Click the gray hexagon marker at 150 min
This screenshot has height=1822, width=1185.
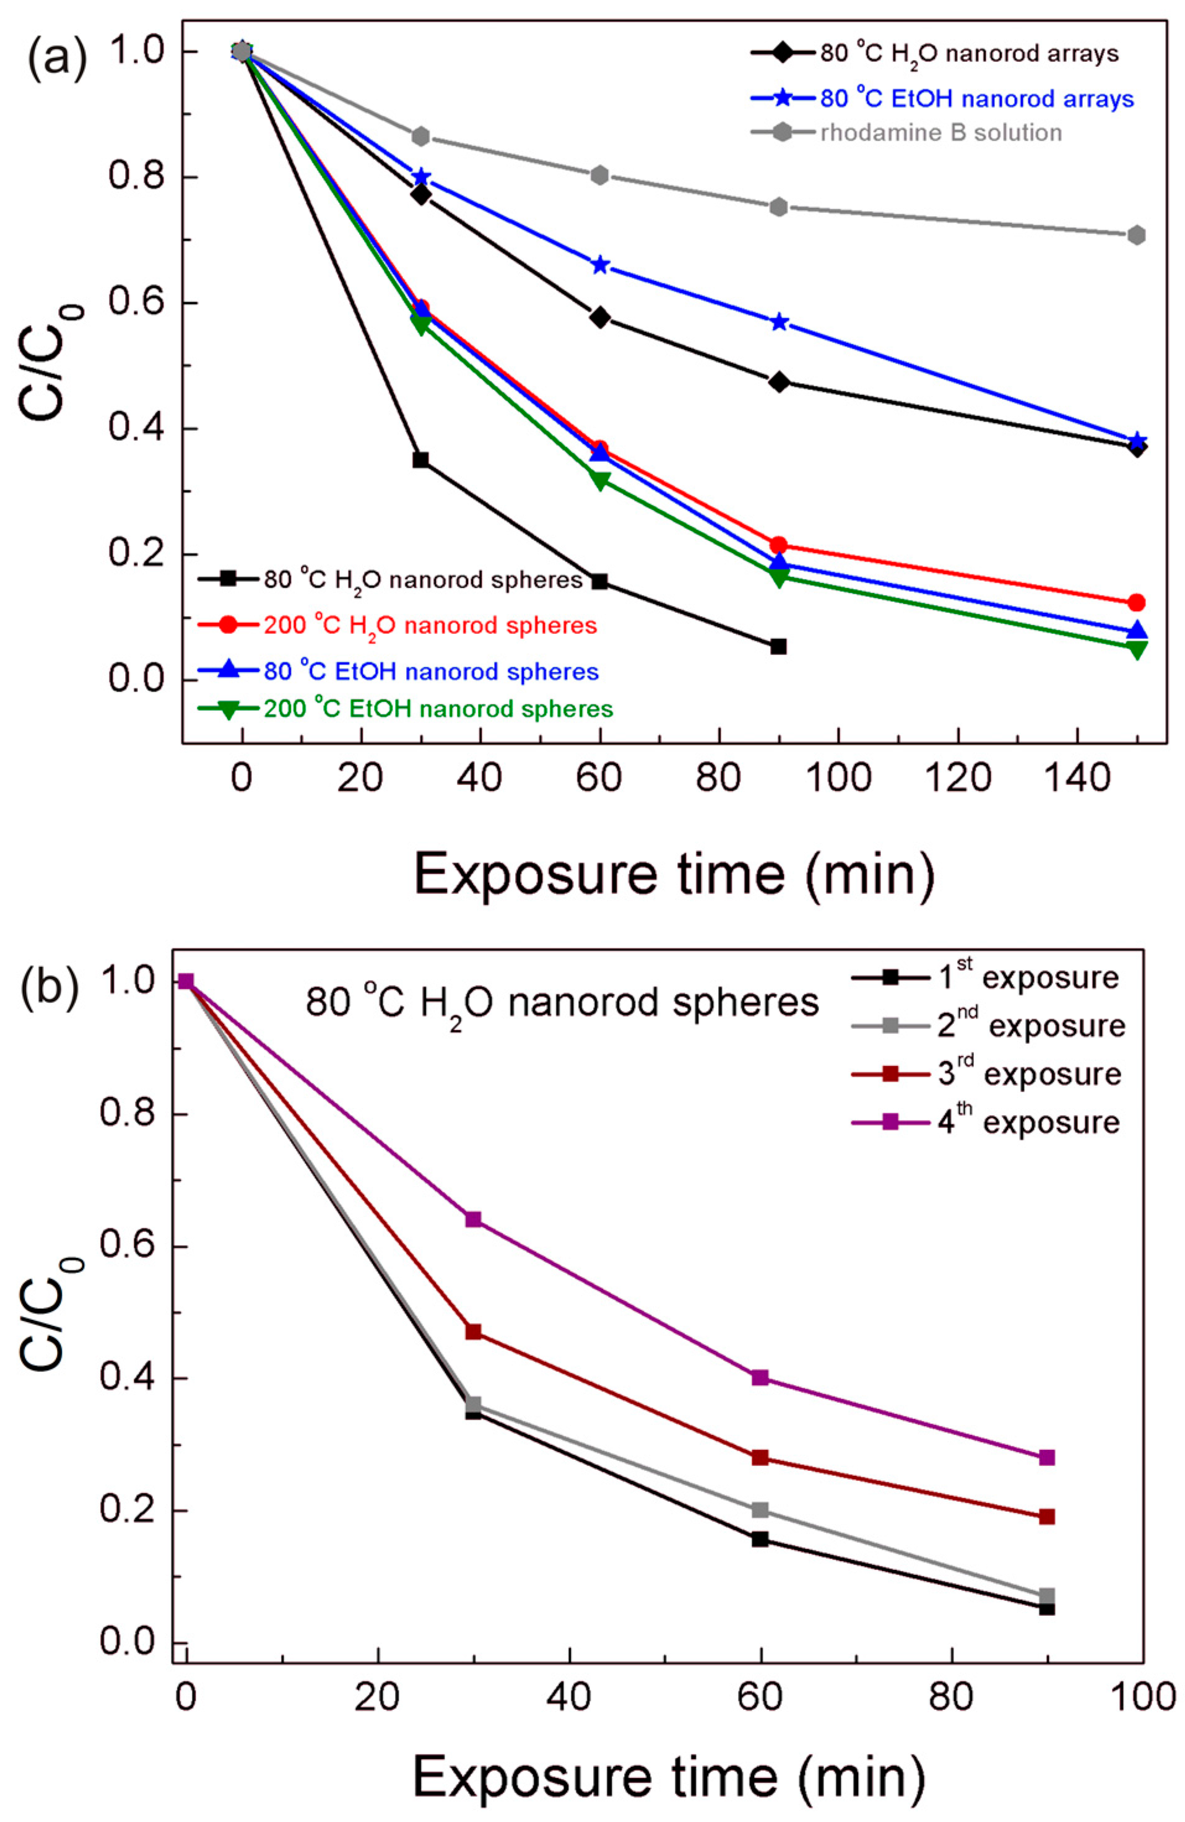pos(1137,235)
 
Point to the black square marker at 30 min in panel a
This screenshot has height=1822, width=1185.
pos(420,460)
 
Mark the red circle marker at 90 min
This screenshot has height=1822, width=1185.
pos(778,545)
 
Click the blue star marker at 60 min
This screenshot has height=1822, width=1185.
pos(600,265)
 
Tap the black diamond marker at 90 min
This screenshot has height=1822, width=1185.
pos(778,382)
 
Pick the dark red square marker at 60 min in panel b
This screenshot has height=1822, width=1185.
pos(760,1457)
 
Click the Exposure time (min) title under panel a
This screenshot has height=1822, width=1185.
pos(674,874)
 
